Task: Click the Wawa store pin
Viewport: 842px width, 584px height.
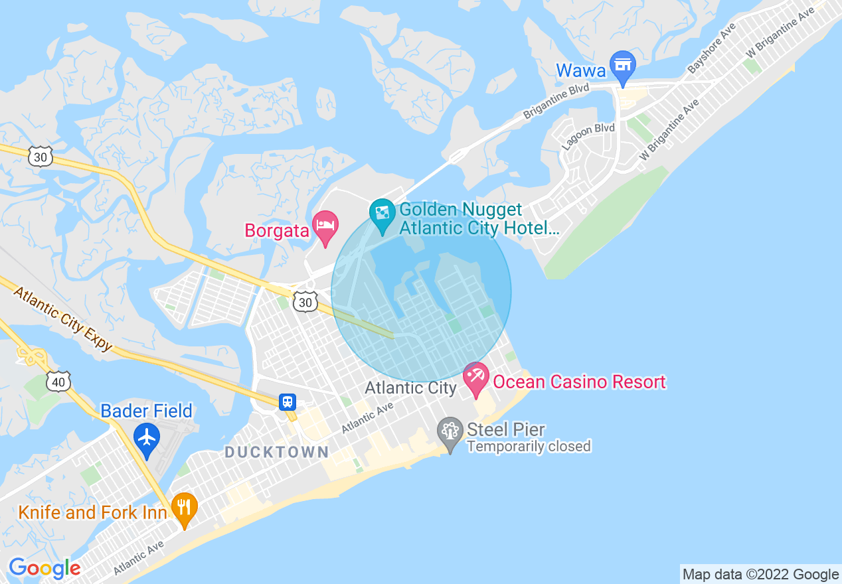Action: [623, 66]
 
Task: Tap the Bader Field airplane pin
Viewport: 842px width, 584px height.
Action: [146, 438]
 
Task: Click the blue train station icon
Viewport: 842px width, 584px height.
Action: [288, 402]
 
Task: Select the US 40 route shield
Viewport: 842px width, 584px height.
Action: [58, 381]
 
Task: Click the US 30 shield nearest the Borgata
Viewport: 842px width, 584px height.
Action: [305, 303]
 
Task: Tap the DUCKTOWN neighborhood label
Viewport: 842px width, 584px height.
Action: [276, 453]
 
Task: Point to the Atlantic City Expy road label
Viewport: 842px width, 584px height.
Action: [62, 319]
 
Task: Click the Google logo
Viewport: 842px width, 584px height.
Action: [44, 568]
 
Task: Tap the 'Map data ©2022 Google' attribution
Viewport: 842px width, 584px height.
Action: [761, 574]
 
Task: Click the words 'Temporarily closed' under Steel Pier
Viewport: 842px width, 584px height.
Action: [529, 447]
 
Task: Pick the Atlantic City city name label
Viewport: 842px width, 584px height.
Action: [410, 388]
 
